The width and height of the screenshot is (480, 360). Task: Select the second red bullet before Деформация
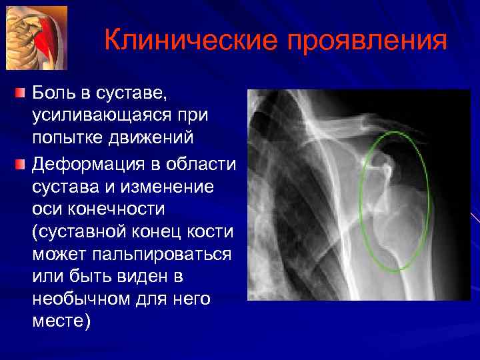click(x=21, y=163)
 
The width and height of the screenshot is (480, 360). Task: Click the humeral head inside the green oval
click(x=396, y=220)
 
